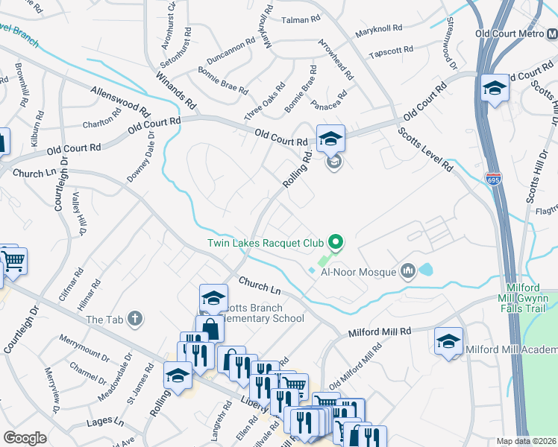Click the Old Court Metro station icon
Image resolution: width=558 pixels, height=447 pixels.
coord(550,34)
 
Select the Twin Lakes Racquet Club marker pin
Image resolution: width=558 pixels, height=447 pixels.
coord(336,241)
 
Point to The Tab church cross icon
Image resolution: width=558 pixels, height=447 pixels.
coord(135,319)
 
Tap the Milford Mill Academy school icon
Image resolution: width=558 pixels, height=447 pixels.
coord(448,341)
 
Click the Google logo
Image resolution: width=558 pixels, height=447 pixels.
coord(25,438)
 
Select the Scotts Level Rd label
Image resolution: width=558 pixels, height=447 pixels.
coord(425,150)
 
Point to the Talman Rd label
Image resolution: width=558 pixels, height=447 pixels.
coord(301,20)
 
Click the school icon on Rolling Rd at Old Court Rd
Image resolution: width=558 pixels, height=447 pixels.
coord(330,138)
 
